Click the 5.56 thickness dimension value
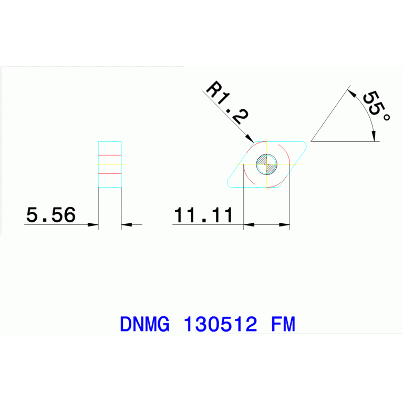pos(51,215)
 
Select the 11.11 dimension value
pos(203,215)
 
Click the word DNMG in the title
pos(144,324)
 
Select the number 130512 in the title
pos(220,324)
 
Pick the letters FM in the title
pos(283,324)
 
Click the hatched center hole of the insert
pos(266,164)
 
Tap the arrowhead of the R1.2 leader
pos(251,139)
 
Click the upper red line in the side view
pos(110,156)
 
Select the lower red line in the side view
pos(110,173)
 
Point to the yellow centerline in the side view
pos(110,164)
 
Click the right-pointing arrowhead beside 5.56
pos(94,225)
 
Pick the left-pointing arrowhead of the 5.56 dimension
pos(127,225)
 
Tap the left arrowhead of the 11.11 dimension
pos(249,225)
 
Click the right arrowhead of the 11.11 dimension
pos(284,225)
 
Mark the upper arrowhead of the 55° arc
pos(353,95)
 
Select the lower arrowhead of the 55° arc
pos(374,136)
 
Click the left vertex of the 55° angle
pos(312,141)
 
